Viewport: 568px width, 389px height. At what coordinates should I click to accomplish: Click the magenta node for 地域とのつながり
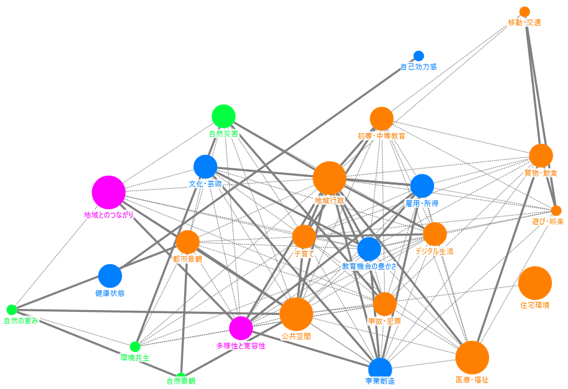click(x=108, y=192)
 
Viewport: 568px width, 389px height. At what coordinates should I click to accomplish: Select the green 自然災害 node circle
click(x=224, y=116)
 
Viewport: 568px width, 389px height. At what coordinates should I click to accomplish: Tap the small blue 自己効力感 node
click(x=419, y=56)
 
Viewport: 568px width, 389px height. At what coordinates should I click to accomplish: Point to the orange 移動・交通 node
click(x=525, y=12)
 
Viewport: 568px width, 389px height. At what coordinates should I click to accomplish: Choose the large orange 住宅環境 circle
click(x=535, y=283)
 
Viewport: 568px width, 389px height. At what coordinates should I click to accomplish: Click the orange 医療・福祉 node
click(x=472, y=357)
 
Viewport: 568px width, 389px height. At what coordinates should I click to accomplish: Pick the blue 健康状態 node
click(x=110, y=275)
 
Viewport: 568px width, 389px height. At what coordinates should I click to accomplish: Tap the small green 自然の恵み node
click(x=11, y=310)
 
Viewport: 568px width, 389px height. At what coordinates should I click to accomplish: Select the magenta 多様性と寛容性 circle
click(x=241, y=328)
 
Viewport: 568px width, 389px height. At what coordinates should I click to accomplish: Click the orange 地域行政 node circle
click(x=329, y=177)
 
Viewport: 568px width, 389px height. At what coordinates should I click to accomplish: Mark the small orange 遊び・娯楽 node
click(x=556, y=210)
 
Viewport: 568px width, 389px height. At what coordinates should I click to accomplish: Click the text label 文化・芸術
click(x=206, y=184)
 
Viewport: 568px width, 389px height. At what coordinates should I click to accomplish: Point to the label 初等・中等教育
click(x=381, y=136)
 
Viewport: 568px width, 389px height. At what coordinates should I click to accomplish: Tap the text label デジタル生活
click(x=435, y=252)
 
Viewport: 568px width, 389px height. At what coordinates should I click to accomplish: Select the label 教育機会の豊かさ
click(x=369, y=267)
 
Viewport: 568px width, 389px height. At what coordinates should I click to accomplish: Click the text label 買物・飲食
click(x=540, y=173)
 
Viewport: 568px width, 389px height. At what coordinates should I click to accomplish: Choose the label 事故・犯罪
click(x=384, y=321)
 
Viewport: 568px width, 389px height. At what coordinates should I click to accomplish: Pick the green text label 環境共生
click(x=135, y=358)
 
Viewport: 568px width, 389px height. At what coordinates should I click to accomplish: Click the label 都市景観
click(x=188, y=259)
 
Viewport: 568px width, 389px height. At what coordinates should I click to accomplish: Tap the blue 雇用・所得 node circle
click(x=422, y=186)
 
